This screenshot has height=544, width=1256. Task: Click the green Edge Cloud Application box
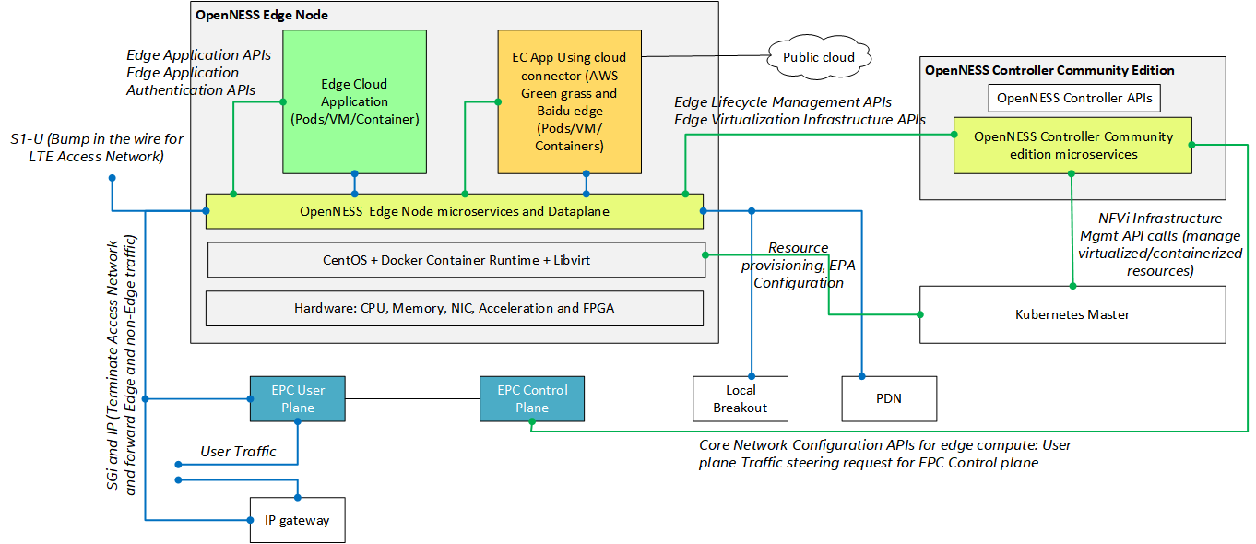354,101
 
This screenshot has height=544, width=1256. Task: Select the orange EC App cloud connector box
570,101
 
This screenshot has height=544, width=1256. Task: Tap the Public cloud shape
818,57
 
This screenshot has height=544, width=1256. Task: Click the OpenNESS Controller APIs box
1072,98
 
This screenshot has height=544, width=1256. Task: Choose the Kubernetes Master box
1072,314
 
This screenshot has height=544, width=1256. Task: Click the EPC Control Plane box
532,398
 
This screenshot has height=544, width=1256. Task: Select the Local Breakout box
741,398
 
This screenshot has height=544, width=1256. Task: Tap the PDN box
889,398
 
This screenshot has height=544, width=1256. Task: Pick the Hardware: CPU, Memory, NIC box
454,308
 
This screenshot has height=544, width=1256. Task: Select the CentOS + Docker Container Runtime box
454,260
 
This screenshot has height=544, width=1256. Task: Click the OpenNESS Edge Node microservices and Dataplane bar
454,211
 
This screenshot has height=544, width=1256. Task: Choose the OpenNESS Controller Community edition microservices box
1072,146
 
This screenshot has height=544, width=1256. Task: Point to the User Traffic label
238,451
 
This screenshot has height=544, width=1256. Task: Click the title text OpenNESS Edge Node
262,16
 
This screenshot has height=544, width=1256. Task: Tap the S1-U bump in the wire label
98,148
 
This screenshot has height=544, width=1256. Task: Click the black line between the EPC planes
412,398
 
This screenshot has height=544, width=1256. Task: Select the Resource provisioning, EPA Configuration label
798,266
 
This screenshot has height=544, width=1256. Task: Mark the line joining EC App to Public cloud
705,57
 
